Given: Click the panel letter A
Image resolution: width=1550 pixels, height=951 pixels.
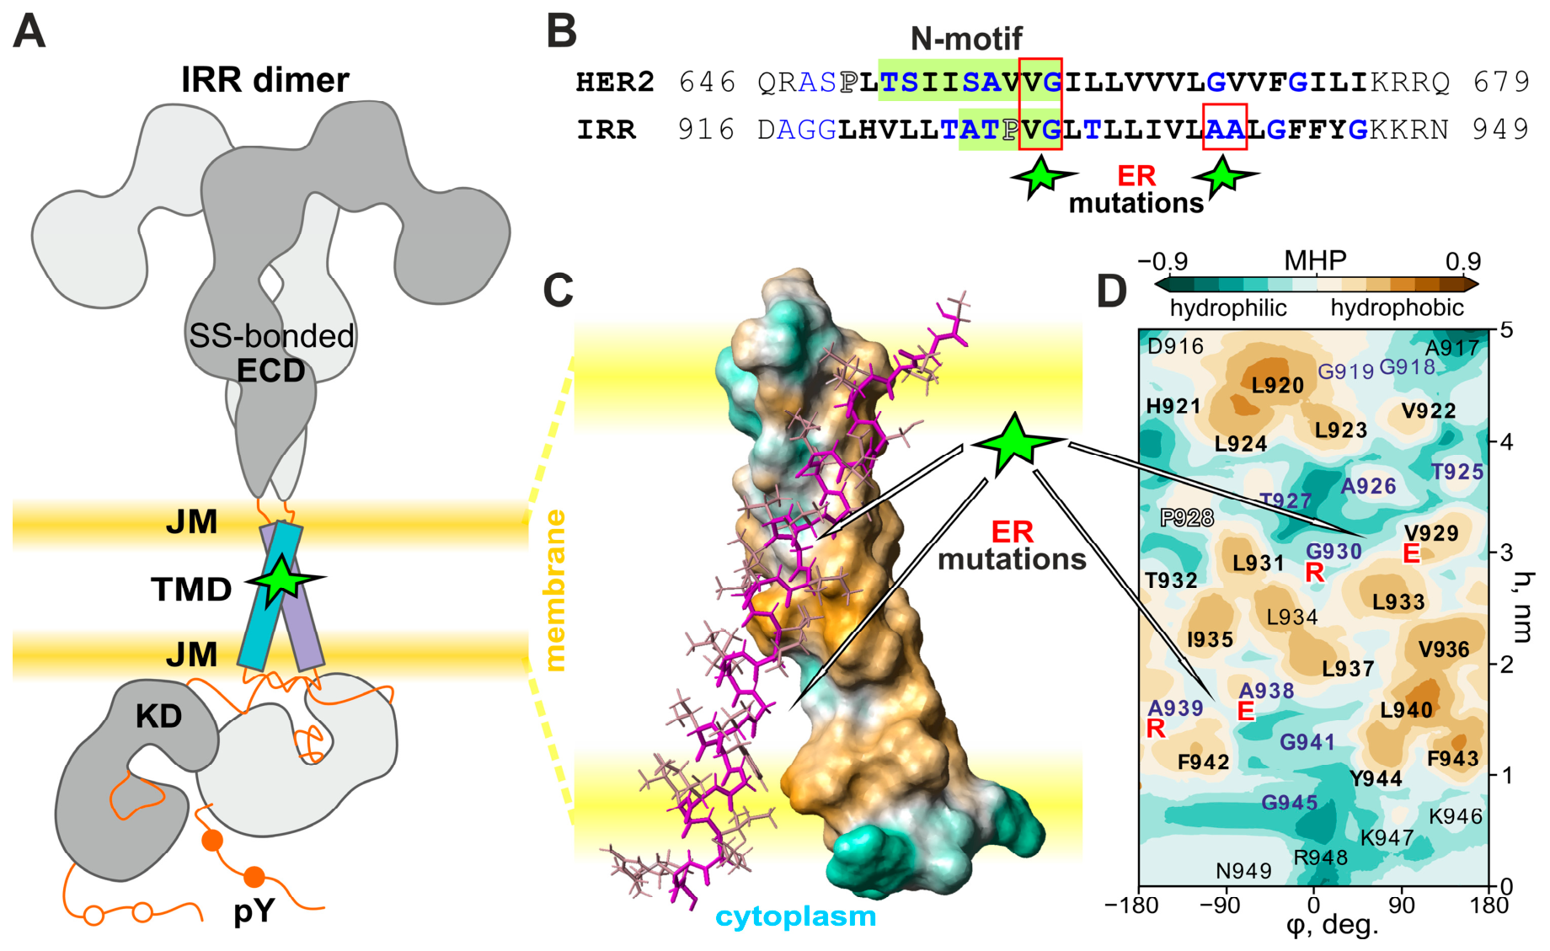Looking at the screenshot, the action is tap(29, 31).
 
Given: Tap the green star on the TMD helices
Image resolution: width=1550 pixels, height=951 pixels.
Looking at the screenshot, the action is tap(283, 579).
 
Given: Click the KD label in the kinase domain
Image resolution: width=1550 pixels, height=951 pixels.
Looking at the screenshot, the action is tap(158, 716).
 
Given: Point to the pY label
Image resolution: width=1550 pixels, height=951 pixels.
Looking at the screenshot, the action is tap(254, 911).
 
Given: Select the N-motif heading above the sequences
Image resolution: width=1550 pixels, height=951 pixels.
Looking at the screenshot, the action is tap(966, 38).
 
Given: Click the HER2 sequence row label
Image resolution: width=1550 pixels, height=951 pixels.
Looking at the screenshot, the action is tap(615, 82).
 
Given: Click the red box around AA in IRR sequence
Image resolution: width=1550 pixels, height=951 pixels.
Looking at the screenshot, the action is tap(1225, 127).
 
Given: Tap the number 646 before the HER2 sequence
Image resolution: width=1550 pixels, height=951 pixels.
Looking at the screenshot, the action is tap(708, 82).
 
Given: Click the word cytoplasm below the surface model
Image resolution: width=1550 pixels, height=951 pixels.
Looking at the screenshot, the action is tap(796, 916).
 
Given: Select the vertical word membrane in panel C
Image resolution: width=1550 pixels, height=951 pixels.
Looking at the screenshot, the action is tap(555, 590).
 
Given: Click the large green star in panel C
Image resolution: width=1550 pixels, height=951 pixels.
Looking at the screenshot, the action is tap(1015, 444).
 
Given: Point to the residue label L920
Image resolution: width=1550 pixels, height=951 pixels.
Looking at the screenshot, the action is tap(1277, 385).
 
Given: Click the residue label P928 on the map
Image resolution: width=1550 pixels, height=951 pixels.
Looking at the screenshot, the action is tap(1187, 517).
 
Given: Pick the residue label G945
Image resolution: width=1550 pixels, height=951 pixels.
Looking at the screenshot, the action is tap(1289, 803).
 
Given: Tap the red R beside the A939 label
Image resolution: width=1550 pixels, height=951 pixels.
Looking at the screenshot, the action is tap(1156, 729).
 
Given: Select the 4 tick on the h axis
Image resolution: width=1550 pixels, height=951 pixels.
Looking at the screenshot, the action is tap(1506, 441).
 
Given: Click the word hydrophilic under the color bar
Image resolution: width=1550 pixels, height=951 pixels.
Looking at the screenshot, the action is tap(1228, 308).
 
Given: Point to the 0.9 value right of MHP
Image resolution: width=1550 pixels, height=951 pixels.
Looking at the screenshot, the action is tap(1462, 261).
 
